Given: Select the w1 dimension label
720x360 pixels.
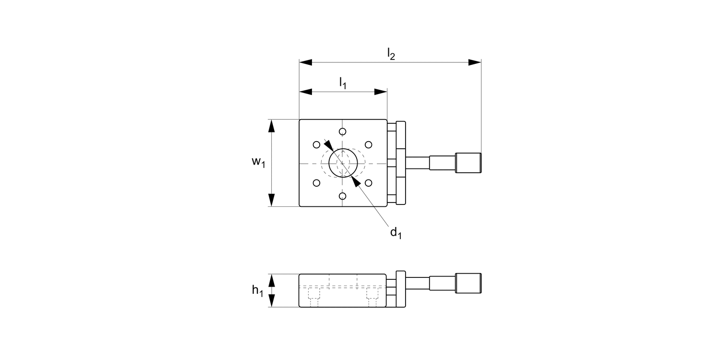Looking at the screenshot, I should click(258, 162).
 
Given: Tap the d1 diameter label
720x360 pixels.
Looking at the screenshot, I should click(395, 233).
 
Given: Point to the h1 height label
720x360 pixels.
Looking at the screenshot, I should click(258, 290).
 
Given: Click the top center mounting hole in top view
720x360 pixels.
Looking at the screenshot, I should click(342, 132).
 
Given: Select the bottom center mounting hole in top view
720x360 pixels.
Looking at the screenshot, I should click(342, 196).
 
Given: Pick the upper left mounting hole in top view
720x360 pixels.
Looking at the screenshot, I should click(316, 144).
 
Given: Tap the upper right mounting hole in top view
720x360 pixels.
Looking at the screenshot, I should click(369, 144).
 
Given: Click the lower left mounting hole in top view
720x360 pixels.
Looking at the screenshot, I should click(316, 183).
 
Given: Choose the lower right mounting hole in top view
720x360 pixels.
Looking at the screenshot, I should click(369, 183).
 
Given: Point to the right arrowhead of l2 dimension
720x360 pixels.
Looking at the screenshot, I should click(475, 62).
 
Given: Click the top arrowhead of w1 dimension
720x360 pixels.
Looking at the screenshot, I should click(272, 126).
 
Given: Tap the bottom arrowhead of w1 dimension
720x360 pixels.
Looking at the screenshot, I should click(272, 200).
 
